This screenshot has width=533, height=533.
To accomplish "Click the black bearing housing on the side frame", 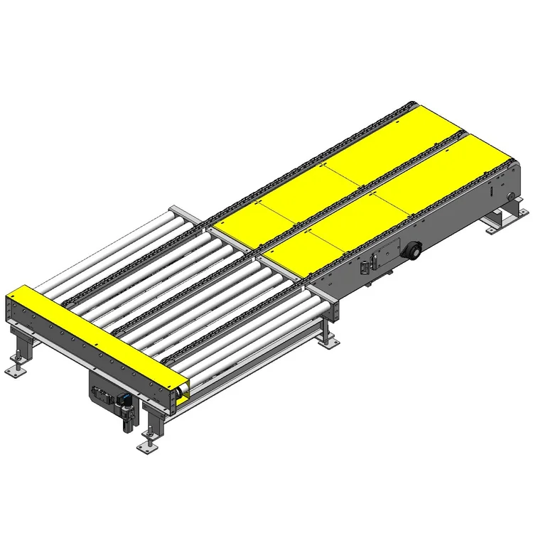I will pyautogui.click(x=411, y=250).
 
